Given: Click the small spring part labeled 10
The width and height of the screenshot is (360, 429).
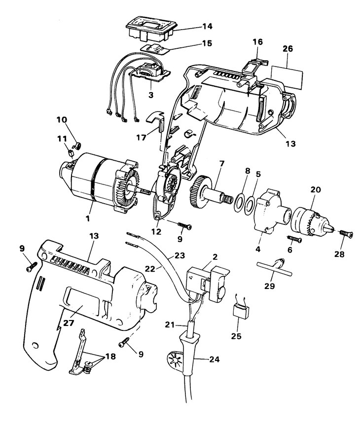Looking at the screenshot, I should click(77, 145).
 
